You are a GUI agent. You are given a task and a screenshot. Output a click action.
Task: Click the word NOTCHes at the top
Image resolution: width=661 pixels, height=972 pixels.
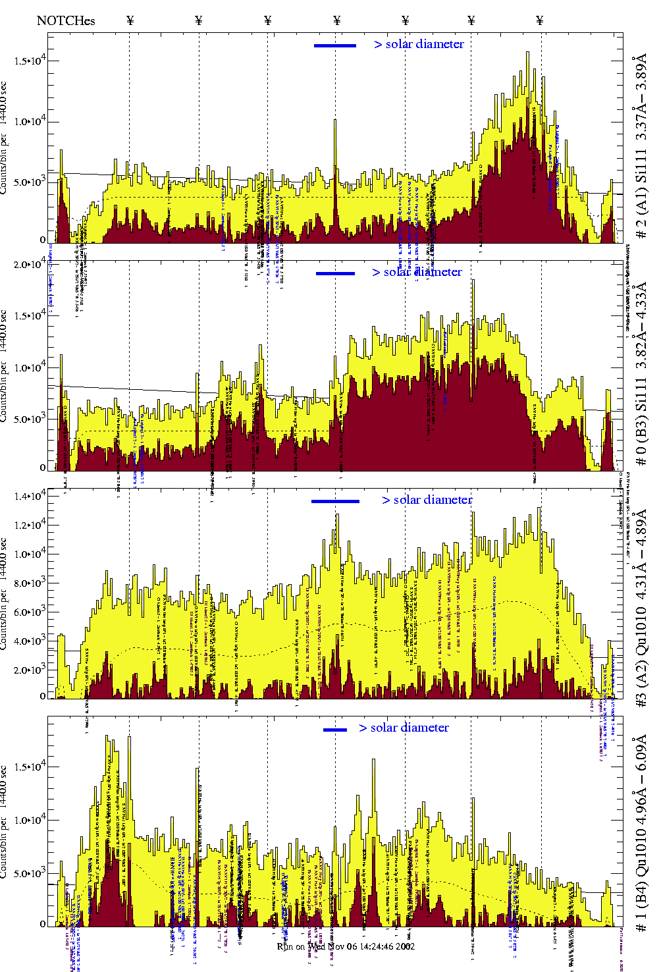point(66,20)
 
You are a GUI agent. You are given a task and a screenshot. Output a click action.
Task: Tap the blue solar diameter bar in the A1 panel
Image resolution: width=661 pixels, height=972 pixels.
point(335,45)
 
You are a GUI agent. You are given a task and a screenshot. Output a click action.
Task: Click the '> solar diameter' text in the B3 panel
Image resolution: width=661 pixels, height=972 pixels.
point(417,272)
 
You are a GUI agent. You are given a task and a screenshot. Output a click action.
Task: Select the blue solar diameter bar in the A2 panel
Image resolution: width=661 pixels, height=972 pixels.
point(335,501)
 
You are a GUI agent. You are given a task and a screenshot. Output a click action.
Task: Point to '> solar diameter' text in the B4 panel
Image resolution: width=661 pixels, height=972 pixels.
point(404,728)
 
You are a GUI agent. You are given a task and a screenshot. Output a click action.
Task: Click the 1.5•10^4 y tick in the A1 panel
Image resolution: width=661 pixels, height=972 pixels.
point(30,61)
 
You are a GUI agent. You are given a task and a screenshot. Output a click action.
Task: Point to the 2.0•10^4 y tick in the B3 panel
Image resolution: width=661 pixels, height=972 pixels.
point(30,264)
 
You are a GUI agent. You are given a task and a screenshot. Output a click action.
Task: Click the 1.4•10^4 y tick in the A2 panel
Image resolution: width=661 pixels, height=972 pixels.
point(30,496)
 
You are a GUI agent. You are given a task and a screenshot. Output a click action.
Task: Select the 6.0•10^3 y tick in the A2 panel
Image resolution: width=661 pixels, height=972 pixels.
point(30,612)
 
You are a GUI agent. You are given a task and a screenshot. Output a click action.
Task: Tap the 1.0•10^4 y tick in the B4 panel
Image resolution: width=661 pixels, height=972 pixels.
point(30,820)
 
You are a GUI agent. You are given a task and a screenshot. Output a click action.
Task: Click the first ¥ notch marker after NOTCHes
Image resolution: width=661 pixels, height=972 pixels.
point(130,20)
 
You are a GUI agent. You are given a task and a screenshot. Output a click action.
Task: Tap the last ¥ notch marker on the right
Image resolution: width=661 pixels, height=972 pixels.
point(540,20)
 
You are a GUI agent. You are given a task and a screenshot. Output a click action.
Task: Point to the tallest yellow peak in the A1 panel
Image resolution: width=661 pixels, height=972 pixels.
point(527,53)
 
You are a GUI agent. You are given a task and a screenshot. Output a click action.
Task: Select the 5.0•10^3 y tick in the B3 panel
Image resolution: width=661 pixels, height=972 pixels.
point(30,419)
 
